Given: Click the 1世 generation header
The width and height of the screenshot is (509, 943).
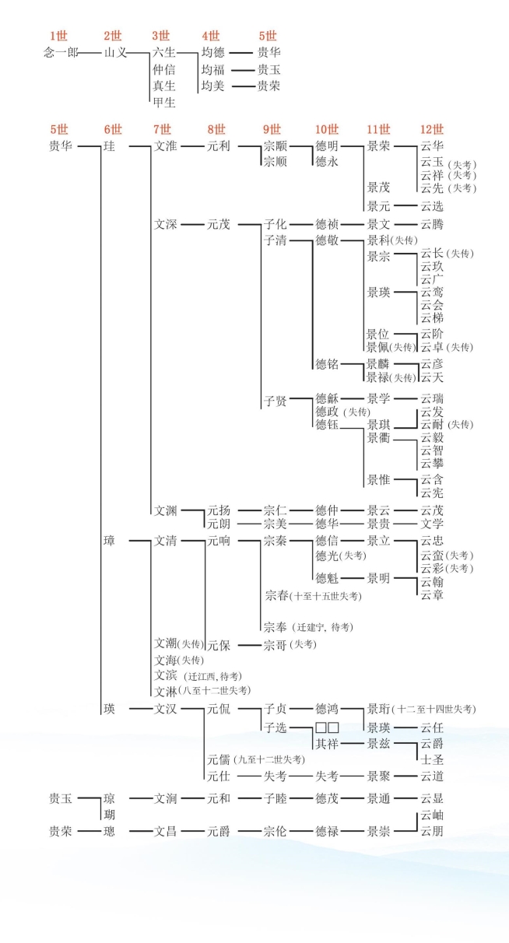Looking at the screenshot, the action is tap(59, 36).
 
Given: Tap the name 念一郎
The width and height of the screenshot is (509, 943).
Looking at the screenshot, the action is tap(61, 53).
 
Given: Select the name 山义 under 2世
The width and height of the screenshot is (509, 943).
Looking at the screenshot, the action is tap(115, 53).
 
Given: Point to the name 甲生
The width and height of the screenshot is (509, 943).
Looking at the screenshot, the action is tap(164, 102).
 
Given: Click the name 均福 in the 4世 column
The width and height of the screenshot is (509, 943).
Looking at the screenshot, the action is tap(213, 69).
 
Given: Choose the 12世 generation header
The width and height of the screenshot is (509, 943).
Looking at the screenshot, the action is tap(432, 129).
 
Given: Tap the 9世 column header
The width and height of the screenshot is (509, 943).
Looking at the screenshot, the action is tap(272, 129).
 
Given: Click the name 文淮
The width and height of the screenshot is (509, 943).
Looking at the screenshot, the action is tap(165, 146).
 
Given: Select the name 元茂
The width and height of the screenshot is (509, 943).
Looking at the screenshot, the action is tap(219, 224).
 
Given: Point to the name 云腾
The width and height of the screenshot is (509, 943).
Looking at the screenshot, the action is tap(432, 224).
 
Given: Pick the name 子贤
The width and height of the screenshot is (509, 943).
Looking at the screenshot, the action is tap(276, 401).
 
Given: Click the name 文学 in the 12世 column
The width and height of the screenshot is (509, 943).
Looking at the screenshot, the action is tap(432, 524).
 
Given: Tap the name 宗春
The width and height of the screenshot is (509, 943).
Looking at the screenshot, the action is tap(277, 596).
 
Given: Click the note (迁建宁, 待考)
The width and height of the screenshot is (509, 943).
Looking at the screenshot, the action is tap(322, 627).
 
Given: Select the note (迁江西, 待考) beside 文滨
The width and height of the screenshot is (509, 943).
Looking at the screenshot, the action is tap(213, 676).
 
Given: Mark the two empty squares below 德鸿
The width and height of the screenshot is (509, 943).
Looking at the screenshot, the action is tap(327, 727).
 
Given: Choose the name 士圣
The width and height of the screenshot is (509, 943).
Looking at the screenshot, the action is tap(432, 760).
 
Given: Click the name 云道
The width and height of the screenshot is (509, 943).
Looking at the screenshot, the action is tap(432, 776).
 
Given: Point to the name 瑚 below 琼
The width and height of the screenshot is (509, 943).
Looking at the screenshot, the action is tap(110, 815).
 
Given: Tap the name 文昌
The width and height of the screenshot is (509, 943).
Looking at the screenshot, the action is tap(165, 832).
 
